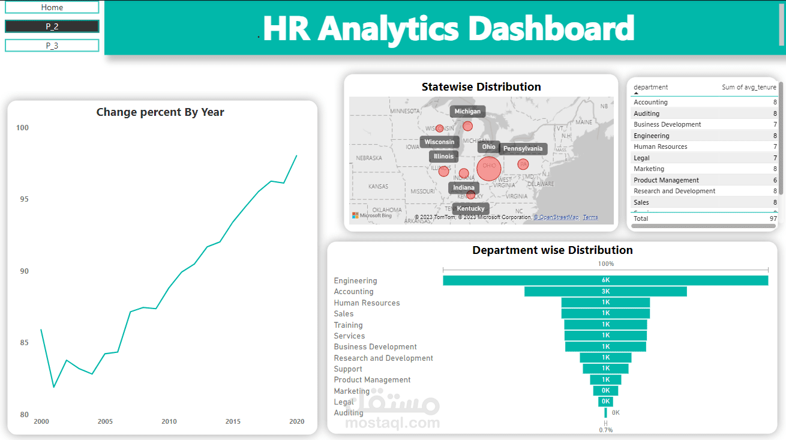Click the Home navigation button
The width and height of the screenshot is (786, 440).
click(52, 7)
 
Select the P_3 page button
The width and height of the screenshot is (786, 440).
click(52, 46)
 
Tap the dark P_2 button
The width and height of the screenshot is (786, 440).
click(52, 26)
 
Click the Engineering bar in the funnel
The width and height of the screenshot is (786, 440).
click(605, 280)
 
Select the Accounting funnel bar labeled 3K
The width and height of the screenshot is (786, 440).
click(605, 292)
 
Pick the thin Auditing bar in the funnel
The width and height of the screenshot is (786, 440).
click(605, 413)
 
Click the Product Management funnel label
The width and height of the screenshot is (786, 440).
click(372, 380)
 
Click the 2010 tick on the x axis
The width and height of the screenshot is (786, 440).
click(169, 421)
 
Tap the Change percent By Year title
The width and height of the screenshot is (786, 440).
click(160, 112)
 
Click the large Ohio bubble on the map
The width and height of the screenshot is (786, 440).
click(489, 168)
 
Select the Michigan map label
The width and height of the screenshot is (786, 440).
click(467, 112)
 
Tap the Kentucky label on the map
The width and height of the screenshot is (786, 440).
click(470, 209)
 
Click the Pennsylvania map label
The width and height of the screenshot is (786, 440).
click(523, 149)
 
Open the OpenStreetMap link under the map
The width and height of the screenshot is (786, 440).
click(557, 217)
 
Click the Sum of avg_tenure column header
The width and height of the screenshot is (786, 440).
click(749, 88)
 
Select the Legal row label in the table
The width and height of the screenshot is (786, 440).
click(641, 158)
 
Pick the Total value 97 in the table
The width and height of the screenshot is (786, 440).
click(773, 218)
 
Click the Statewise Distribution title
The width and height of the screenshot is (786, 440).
click(481, 87)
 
